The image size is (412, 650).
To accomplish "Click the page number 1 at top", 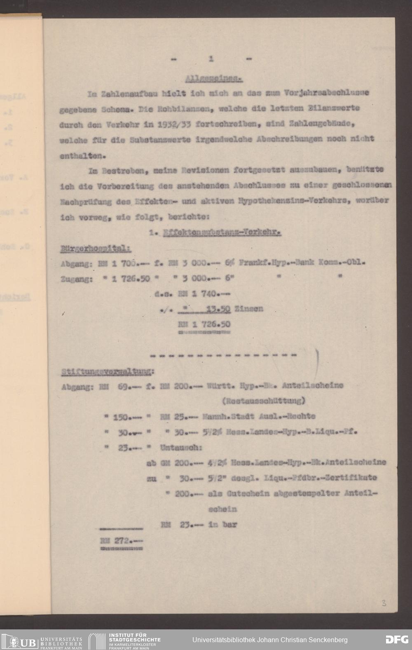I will [211, 59].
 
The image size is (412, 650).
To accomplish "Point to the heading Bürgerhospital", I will [96, 249].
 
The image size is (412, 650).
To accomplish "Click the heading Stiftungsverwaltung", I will [107, 372].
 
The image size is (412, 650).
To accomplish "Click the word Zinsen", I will [248, 308].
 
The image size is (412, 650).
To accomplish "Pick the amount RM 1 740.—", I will [204, 294].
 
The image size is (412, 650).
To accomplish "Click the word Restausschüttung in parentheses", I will [264, 400].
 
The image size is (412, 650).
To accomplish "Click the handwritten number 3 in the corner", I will [384, 603].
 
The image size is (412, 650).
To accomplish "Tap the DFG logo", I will [397, 640].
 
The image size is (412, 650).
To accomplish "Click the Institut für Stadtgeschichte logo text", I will [134, 640].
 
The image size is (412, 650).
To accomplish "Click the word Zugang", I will [75, 279].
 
